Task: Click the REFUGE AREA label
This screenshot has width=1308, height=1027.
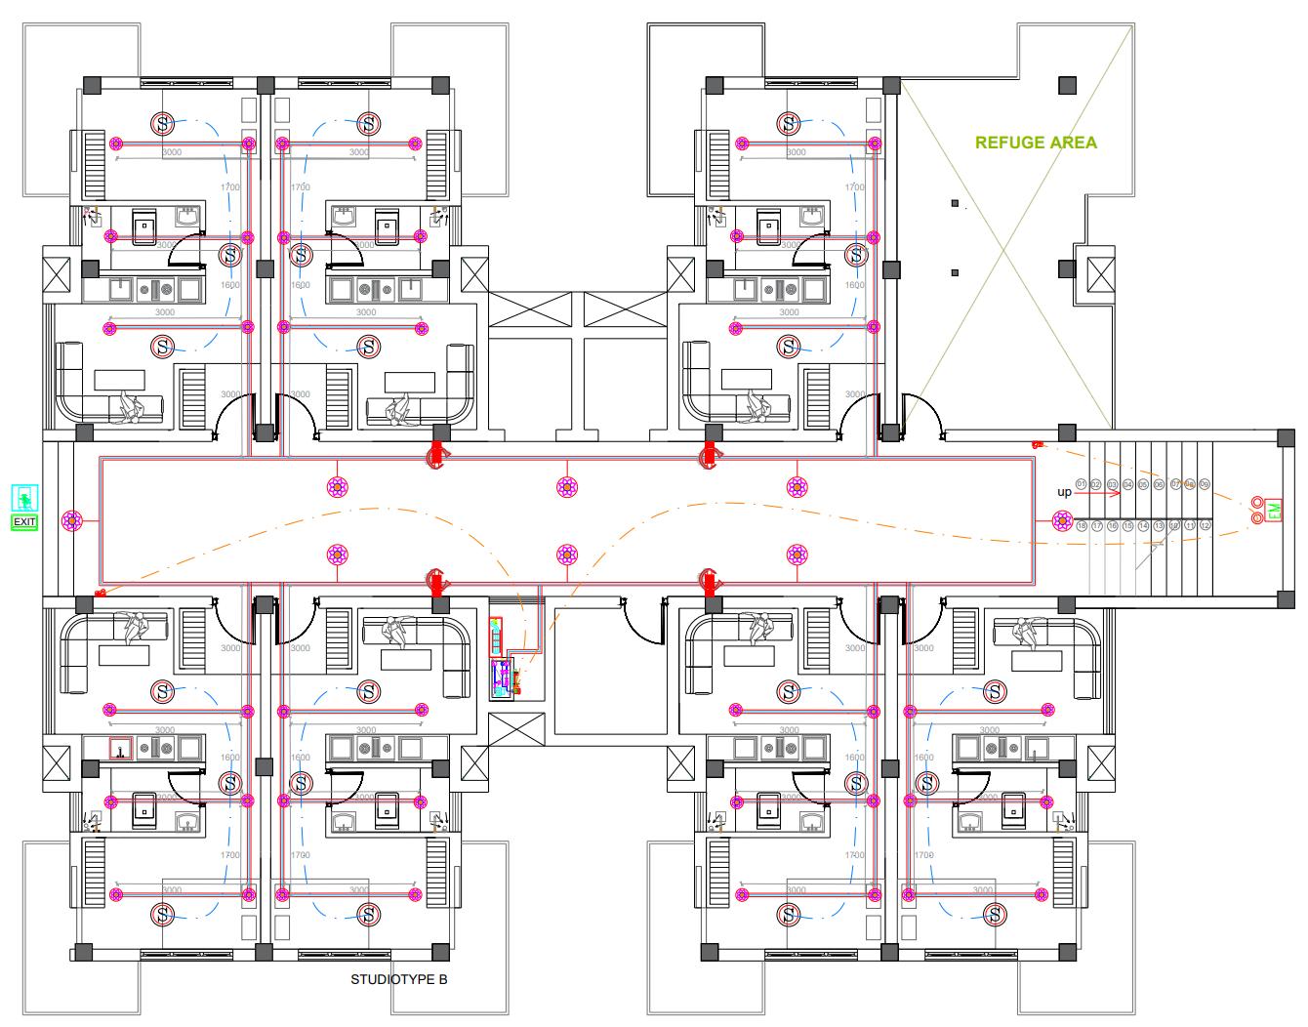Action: (1036, 143)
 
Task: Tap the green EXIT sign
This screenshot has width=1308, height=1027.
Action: (24, 522)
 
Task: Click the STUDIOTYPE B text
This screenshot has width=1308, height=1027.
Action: (398, 979)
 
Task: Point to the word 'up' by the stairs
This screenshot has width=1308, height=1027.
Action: (1064, 492)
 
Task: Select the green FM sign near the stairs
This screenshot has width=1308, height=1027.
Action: (1274, 511)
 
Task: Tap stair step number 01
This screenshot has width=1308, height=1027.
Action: (1082, 484)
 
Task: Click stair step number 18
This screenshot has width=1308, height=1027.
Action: (1082, 526)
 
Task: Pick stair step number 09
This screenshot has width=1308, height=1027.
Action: (1205, 484)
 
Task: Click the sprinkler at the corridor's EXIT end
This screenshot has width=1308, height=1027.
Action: (71, 521)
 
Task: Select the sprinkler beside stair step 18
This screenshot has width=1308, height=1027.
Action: (1062, 521)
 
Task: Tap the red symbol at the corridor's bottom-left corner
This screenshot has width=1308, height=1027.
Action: (99, 593)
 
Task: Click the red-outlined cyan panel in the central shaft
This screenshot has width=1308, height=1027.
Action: (496, 637)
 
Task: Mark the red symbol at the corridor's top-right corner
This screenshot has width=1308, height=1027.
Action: (1038, 444)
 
